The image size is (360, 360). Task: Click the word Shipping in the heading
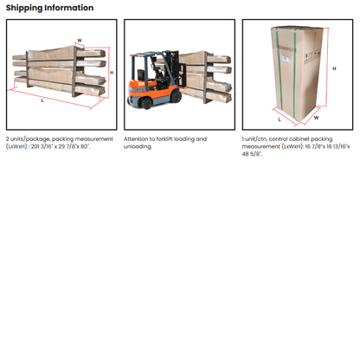(24, 8)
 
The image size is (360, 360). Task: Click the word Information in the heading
(69, 8)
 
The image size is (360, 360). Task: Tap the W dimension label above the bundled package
(80, 41)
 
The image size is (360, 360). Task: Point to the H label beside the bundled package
(112, 73)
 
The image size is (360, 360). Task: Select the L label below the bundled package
(42, 100)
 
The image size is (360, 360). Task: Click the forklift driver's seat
(141, 75)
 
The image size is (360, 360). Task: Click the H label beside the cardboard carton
(334, 68)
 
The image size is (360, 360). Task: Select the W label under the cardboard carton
(317, 118)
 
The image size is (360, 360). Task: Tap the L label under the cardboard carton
(280, 119)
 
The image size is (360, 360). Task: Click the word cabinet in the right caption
(291, 139)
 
